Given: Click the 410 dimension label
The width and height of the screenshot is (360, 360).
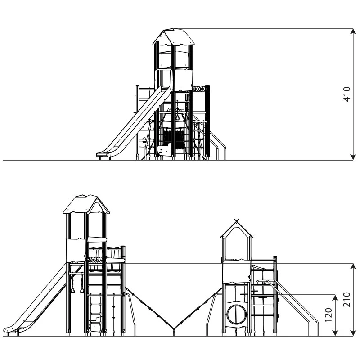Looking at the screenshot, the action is (x=346, y=94).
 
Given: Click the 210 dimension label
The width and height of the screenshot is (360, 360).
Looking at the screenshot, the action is (x=346, y=300).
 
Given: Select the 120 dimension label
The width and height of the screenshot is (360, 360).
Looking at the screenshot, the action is (x=328, y=315).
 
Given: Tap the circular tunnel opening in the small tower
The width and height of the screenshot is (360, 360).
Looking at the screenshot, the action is (x=237, y=314).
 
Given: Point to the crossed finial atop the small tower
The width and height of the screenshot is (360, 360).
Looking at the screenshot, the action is (x=237, y=221).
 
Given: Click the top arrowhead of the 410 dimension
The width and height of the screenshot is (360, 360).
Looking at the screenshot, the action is (x=353, y=31).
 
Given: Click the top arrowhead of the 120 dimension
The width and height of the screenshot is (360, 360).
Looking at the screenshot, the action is (x=335, y=297).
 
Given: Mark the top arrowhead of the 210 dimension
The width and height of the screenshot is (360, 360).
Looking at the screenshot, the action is (x=353, y=266).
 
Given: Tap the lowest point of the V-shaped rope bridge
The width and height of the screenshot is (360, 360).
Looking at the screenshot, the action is (x=174, y=328).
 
